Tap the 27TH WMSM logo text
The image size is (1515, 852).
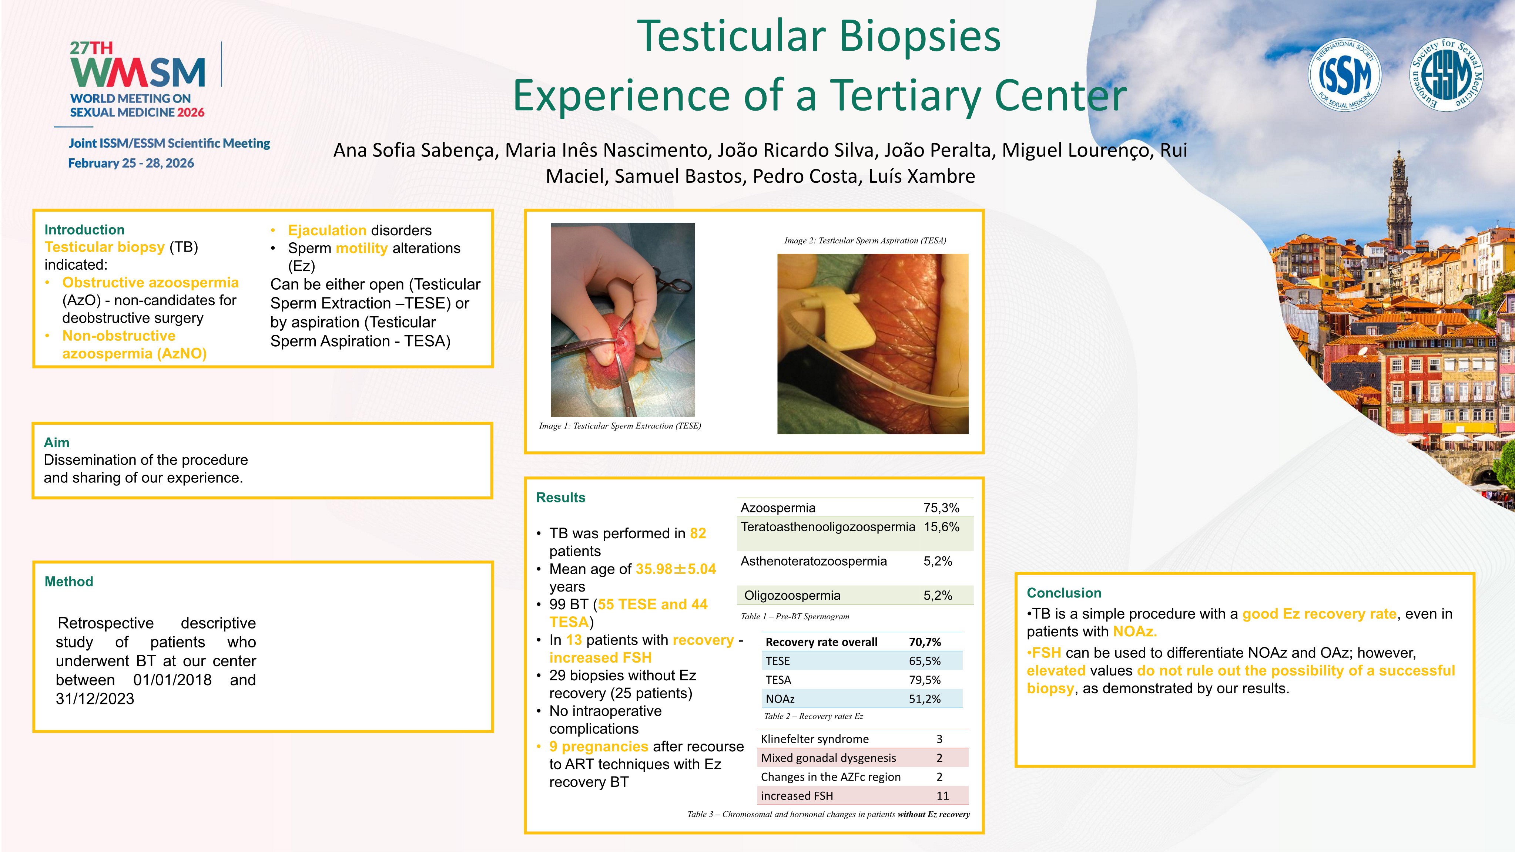tap(138, 65)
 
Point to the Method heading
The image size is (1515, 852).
tap(69, 582)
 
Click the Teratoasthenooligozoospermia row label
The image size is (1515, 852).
tap(828, 527)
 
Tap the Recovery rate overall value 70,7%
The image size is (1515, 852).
tap(925, 642)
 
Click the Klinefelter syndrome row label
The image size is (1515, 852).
tap(815, 739)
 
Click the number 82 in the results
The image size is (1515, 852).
tap(698, 533)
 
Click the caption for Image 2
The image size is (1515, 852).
tap(865, 240)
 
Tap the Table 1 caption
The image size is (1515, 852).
tap(795, 616)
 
